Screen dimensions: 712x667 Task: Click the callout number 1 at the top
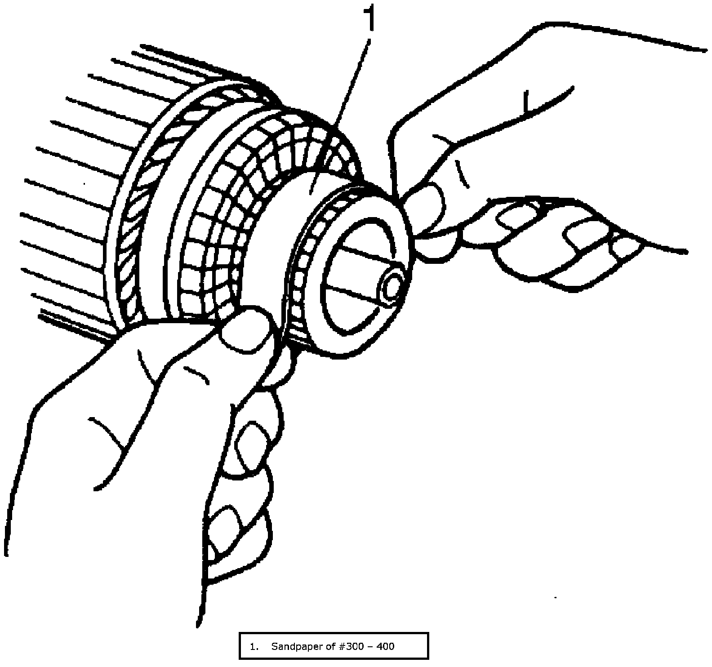pyautogui.click(x=369, y=17)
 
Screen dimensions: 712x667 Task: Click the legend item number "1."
pyautogui.click(x=255, y=646)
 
